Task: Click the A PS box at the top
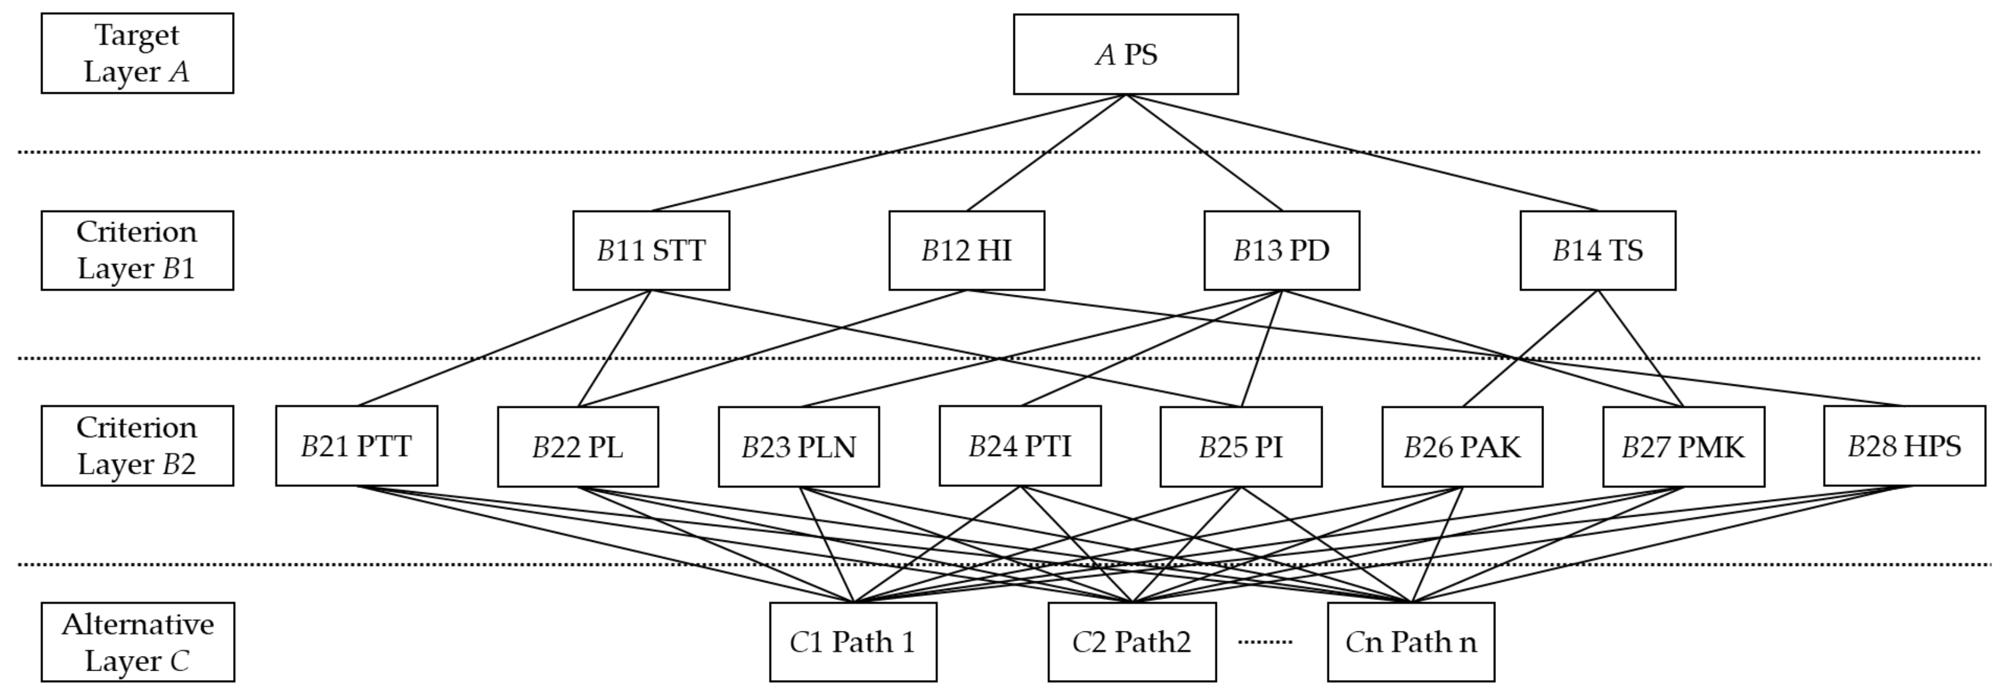tap(1125, 55)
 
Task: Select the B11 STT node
tap(651, 251)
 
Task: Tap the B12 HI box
tap(966, 251)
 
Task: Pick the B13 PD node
tap(1281, 251)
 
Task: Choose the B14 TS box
tap(1597, 251)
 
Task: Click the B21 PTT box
tap(357, 446)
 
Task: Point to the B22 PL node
tap(578, 446)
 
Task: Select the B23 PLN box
tap(799, 446)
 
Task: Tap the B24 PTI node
tap(1021, 446)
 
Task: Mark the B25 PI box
tap(1240, 446)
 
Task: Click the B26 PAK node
tap(1462, 446)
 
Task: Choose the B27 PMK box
tap(1683, 446)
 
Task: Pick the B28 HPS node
tap(1904, 446)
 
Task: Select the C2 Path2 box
tap(1131, 642)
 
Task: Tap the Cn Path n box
tap(1411, 642)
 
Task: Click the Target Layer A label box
tap(138, 53)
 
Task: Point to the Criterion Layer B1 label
tap(138, 251)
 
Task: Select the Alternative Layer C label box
tap(138, 642)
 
